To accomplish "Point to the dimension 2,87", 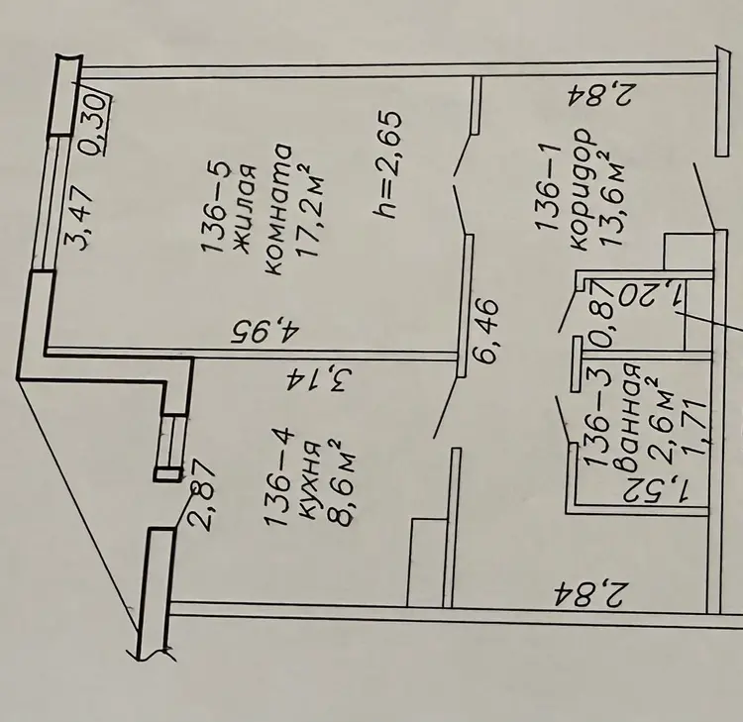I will click(x=200, y=495).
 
